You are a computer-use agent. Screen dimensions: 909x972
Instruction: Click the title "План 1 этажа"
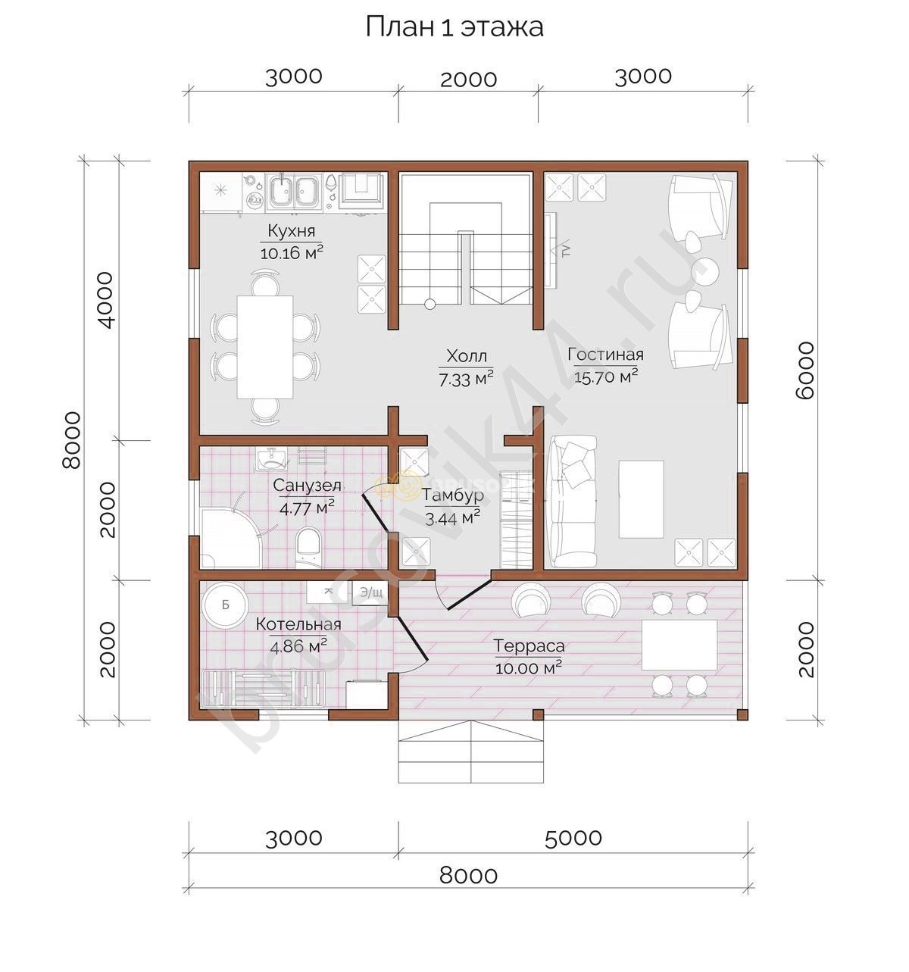454,27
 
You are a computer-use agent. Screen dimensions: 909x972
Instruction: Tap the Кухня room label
291,230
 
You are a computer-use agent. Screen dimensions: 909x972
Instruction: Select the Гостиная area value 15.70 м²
606,377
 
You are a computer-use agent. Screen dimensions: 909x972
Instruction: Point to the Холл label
467,356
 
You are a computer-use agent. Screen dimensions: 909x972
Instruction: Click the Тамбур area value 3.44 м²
452,517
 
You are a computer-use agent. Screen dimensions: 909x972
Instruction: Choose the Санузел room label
307,485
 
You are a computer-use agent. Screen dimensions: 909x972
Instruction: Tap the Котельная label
298,624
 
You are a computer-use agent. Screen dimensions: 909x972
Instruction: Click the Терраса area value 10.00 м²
528,668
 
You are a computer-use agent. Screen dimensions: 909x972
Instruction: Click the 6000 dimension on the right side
805,370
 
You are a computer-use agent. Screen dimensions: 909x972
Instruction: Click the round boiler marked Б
225,605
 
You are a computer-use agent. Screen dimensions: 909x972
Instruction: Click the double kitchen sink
294,191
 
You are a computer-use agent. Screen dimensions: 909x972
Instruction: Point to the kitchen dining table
265,347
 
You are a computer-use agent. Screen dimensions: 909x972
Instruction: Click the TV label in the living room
567,251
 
